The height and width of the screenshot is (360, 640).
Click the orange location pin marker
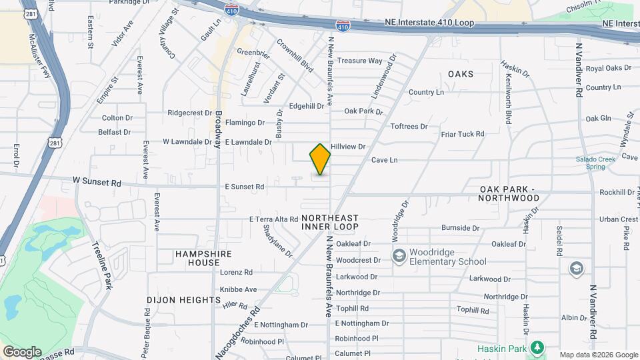click(320, 159)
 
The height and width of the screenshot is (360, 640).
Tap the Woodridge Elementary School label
click(448, 257)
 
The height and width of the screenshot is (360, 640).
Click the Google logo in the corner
click(22, 352)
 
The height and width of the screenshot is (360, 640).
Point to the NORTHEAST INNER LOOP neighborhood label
click(330, 223)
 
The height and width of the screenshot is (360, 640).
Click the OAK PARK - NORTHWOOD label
click(509, 193)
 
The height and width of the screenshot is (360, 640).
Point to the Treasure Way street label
click(359, 61)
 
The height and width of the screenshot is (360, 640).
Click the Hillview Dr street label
click(349, 147)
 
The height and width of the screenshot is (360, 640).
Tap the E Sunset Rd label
click(244, 187)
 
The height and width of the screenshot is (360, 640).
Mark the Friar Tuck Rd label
click(463, 134)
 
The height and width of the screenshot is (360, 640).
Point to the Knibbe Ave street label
click(238, 289)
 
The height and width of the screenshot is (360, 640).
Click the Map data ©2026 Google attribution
click(598, 355)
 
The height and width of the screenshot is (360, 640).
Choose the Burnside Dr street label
click(460, 228)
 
